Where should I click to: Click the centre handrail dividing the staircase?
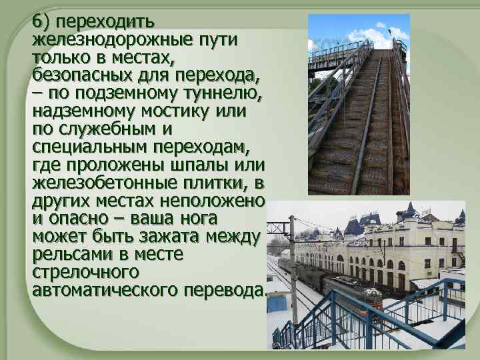click(x=364, y=120)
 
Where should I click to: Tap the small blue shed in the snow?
click(x=275, y=303)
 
